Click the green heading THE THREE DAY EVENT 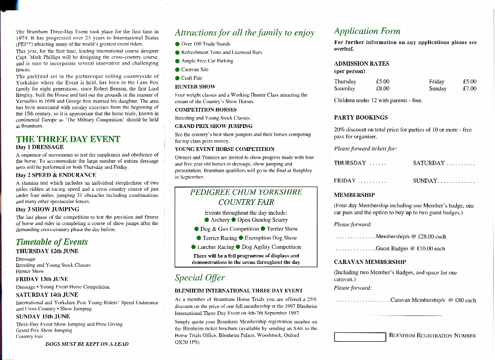coord(68,139)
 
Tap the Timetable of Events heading coord(52,242)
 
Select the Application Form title coord(367,31)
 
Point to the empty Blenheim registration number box coord(360,336)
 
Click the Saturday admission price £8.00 coord(383,88)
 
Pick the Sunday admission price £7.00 coord(469,88)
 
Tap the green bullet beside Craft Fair coord(177,78)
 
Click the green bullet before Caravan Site coord(177,69)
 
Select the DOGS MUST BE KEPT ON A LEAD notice coord(87,344)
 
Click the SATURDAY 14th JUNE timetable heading coord(47,295)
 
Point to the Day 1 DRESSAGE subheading coord(40,147)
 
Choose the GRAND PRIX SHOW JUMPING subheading coord(214,126)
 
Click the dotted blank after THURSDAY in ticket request coord(377,163)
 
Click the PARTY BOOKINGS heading coord(361,118)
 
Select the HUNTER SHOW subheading coord(195,87)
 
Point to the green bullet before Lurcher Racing coord(193,247)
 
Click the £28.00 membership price coord(423,236)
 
